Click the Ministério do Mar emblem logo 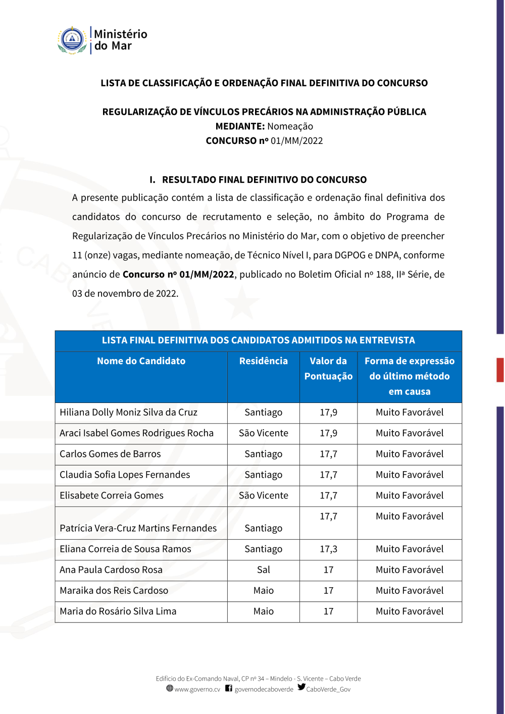coord(72,40)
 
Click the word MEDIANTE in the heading coord(240,126)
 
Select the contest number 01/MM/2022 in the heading coord(296,141)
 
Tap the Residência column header coord(263,361)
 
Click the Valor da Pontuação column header coord(328,369)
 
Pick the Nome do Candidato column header coord(141,361)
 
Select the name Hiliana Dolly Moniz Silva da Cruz coord(128,413)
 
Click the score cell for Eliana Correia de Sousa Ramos coord(328,549)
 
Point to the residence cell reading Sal coord(263,570)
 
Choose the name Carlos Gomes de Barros coord(110,454)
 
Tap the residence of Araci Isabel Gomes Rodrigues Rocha coord(263,433)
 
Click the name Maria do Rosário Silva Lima coord(118,611)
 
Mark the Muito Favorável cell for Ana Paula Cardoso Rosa coord(410,570)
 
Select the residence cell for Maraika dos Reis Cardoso coord(263,591)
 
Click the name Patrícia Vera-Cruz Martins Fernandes coord(138,528)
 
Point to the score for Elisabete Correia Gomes coord(328,495)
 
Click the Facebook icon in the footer coord(229,688)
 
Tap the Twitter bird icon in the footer coord(301,687)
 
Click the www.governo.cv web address coord(197,689)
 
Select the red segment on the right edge coord(500,370)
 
